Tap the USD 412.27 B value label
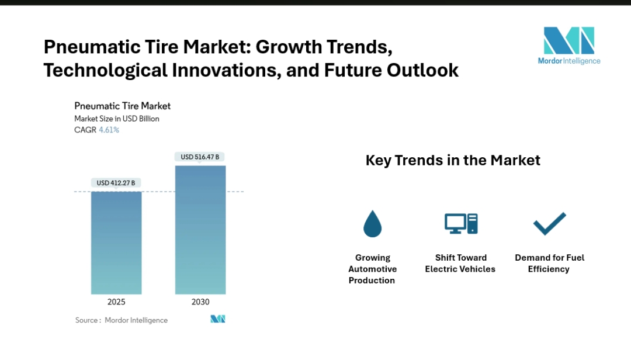coord(116,183)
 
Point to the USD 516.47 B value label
coord(200,157)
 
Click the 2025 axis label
coord(116,302)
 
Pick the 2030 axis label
coord(200,302)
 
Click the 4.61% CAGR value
coord(109,130)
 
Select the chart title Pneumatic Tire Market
coord(123,106)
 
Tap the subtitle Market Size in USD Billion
coord(117,119)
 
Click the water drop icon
coord(372,223)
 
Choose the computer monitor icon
coord(461,223)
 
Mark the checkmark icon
coord(549,223)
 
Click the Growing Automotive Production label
coord(372,269)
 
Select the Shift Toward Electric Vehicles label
coord(460,263)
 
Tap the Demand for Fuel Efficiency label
coord(549,263)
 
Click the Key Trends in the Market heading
coord(453,160)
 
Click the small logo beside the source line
coord(218,319)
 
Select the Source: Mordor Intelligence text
coord(122,320)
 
